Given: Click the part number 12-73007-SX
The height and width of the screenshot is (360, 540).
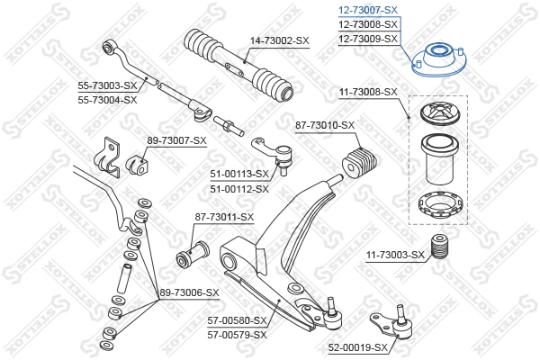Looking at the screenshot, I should coord(367,10).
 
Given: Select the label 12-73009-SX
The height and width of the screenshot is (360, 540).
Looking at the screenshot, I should coord(367,40).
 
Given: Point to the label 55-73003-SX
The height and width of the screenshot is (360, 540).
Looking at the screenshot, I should coord(106,85).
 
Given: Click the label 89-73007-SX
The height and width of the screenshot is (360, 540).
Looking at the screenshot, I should coord(176,140).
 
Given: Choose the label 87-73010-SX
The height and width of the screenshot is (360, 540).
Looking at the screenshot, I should coord(325,125).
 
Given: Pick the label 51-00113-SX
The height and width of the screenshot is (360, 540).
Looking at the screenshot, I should coord(239,174).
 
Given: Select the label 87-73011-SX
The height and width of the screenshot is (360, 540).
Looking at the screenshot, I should coord(224,217).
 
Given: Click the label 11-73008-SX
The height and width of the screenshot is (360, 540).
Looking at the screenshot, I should coord(367,92).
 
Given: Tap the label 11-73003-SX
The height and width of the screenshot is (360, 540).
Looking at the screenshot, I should coord(395,255).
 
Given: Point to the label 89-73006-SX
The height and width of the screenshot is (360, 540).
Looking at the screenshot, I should coord(189,292).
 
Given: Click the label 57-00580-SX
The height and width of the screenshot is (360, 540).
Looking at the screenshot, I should coord(238,319).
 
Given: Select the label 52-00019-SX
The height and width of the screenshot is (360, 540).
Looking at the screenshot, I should coord(357,346).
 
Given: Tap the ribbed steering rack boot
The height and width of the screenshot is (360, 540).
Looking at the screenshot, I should coord(237,66).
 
